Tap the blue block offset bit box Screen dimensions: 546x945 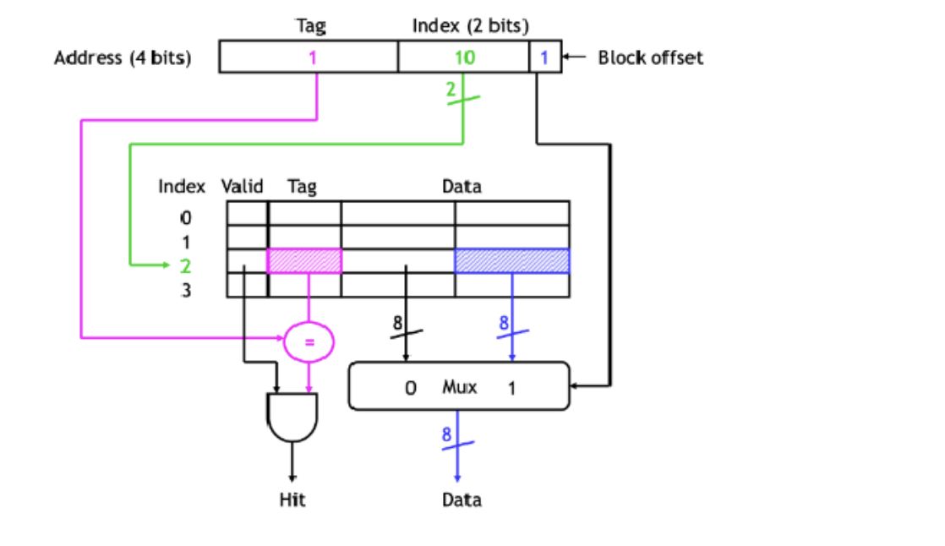(x=545, y=57)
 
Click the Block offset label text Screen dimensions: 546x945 (x=650, y=57)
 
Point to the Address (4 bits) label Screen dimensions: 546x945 (x=123, y=57)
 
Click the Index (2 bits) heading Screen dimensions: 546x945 (x=471, y=25)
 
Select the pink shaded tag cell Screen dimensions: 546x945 (x=304, y=261)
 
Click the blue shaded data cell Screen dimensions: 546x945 (x=511, y=261)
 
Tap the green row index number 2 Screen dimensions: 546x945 (x=186, y=266)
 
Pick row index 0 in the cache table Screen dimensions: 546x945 (x=186, y=217)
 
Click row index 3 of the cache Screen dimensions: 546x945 (x=186, y=292)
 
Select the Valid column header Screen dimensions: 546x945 (x=243, y=186)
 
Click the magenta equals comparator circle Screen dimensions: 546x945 (x=309, y=341)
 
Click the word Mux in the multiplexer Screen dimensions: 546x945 (x=459, y=388)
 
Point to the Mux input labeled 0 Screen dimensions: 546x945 (x=410, y=389)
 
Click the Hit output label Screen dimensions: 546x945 (x=292, y=500)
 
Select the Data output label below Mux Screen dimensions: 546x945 (x=462, y=500)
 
